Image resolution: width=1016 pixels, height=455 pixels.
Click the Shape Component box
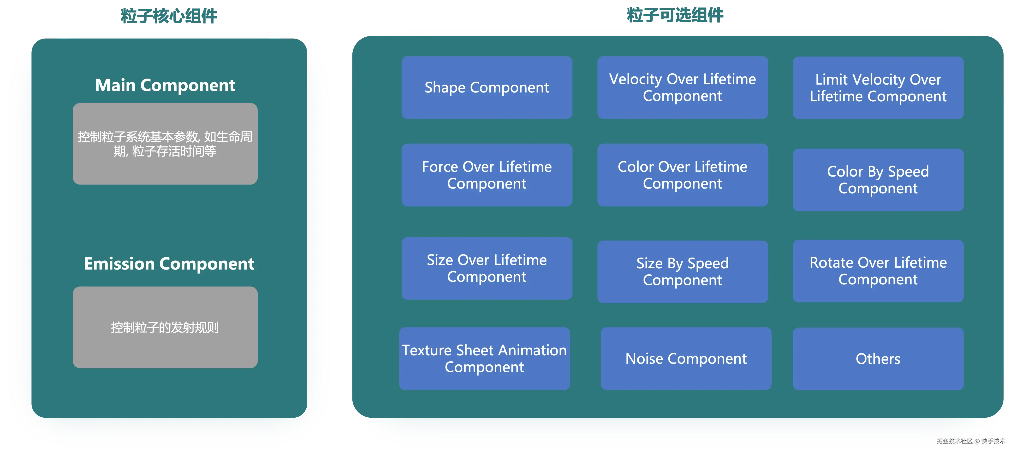pos(487,87)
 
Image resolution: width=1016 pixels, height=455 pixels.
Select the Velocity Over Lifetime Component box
pos(682,87)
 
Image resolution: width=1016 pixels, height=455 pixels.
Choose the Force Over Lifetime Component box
pos(487,175)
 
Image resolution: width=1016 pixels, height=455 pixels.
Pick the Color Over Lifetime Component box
pos(682,175)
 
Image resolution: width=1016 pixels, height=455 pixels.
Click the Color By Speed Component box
pos(878,180)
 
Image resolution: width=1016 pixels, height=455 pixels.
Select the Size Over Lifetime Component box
pos(487,268)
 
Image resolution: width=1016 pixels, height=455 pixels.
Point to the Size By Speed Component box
pos(682,272)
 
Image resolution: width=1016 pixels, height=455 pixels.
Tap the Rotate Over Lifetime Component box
pos(878,271)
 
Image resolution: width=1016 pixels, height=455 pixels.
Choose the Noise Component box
pos(686,358)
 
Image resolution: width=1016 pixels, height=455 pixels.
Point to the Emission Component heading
pos(169,264)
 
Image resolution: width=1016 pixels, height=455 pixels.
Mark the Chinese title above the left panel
pos(169,16)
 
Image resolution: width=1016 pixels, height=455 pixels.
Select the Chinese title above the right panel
pos(674,15)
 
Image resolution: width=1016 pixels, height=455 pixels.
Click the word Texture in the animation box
pos(427,350)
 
